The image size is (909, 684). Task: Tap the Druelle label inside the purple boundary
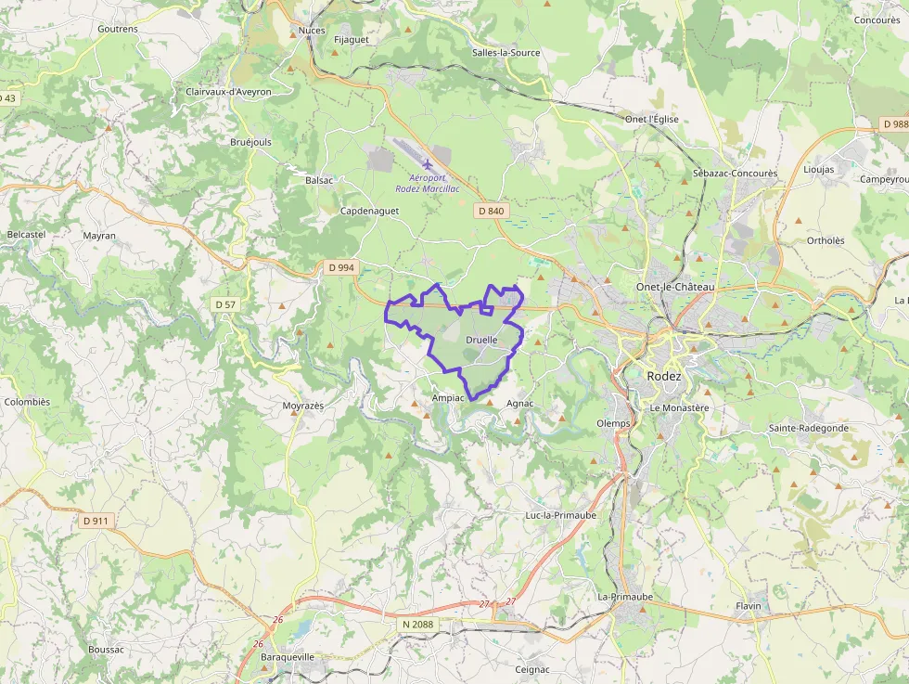[x=481, y=341]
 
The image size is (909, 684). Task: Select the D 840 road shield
[x=492, y=212]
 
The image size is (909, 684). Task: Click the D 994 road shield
[x=341, y=267]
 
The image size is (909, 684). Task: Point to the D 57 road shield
[x=225, y=304]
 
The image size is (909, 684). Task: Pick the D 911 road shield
[x=96, y=521]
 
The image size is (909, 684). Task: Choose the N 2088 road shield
[x=418, y=625]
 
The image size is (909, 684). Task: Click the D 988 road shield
[x=894, y=123]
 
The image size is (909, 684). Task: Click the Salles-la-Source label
[x=506, y=53]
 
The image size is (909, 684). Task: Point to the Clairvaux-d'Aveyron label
[x=228, y=92]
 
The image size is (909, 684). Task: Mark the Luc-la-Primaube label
[x=560, y=514]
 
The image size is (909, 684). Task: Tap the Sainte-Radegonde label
[x=808, y=428]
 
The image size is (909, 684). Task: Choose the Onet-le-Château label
[x=675, y=288]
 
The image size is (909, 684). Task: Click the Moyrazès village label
[x=303, y=407]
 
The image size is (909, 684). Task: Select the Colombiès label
[x=27, y=402]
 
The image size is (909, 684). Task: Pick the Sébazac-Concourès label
[x=735, y=174]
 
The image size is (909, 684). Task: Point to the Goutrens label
[x=118, y=29]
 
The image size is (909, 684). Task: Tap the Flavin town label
[x=748, y=606]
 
